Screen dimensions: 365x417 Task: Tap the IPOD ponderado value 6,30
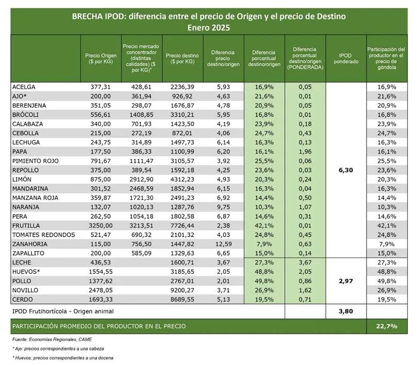[x=345, y=170]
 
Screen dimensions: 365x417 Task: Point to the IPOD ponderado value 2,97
[x=345, y=281]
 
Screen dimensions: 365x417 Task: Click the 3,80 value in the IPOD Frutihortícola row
[x=345, y=311]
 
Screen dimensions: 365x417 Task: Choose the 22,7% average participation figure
[x=387, y=326]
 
